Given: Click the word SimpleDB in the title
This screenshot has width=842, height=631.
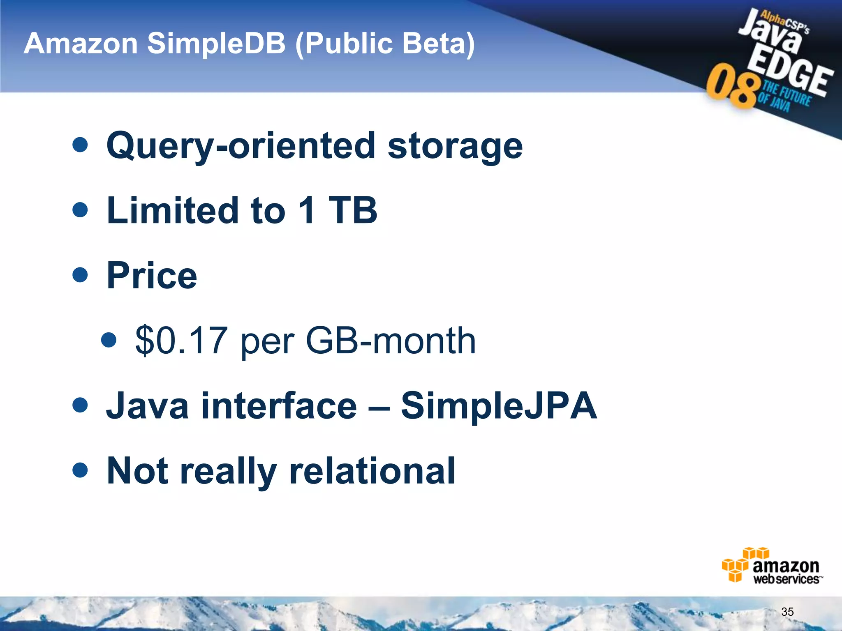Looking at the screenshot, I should [216, 44].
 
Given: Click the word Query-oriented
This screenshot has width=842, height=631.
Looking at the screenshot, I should [241, 147].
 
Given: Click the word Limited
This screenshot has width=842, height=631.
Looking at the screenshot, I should [173, 210].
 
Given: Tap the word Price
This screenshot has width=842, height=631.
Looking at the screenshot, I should [152, 276].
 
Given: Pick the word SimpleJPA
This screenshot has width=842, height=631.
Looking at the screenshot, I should [499, 406].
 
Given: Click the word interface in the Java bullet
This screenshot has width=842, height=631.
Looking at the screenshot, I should [279, 406].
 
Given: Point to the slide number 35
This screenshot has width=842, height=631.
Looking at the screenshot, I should [787, 612].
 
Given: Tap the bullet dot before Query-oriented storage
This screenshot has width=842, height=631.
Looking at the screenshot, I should [80, 145].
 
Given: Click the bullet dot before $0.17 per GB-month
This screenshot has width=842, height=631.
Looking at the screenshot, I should [109, 340].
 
